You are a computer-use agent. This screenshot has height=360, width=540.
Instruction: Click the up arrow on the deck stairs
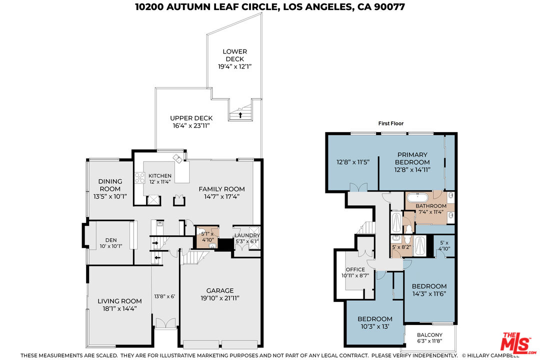pos(240,115)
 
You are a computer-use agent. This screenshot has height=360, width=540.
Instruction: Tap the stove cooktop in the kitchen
pos(139,178)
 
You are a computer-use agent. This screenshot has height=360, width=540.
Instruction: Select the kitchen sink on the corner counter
pos(178,158)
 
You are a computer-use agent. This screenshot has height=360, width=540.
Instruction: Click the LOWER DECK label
pos(234,55)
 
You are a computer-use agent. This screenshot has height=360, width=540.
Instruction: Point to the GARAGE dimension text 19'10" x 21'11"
pos(220,298)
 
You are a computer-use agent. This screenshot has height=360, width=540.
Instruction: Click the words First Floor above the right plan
pos(391,123)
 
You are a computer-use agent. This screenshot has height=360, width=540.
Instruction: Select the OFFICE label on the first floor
pos(355,269)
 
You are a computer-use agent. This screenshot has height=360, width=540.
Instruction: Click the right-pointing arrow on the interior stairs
pos(155,243)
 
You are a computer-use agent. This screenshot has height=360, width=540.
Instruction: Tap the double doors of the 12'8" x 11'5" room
pos(356,187)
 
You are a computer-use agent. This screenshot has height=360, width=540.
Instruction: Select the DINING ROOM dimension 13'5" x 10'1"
pos(109,196)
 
